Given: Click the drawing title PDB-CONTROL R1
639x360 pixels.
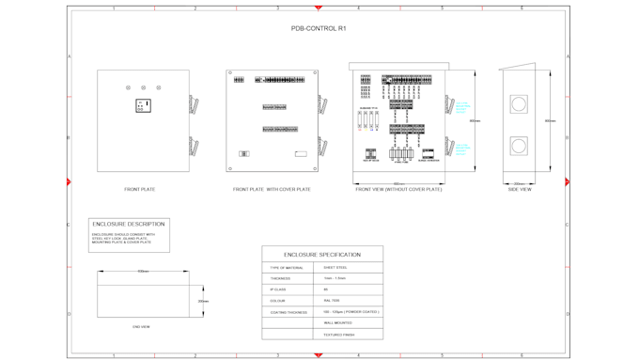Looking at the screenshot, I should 319,29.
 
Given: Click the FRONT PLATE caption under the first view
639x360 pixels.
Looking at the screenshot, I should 140,189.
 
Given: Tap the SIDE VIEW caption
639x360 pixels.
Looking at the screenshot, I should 520,189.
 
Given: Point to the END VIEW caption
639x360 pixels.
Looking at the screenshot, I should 141,326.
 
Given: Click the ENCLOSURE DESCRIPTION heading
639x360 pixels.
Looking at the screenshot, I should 130,224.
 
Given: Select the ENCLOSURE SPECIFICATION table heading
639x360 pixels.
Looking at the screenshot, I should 322,255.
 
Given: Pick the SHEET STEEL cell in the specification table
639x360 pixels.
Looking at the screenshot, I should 335,268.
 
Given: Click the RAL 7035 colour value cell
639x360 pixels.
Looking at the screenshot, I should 332,301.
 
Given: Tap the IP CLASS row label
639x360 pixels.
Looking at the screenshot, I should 279,290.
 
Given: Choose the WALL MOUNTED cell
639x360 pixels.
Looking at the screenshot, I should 338,322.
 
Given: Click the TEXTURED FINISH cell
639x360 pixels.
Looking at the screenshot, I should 339,334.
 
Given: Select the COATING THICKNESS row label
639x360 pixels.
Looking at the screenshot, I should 288,312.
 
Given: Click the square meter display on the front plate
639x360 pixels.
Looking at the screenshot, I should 143,106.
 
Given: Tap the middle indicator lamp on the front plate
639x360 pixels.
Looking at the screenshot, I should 143,88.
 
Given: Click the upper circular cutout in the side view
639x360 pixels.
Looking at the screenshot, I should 519,104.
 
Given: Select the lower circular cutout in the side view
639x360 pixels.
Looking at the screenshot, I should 519,146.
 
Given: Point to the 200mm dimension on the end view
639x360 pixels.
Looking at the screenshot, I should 202,302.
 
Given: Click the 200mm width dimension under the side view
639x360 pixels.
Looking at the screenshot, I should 519,183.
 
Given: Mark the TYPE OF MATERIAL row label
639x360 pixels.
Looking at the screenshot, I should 287,268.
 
